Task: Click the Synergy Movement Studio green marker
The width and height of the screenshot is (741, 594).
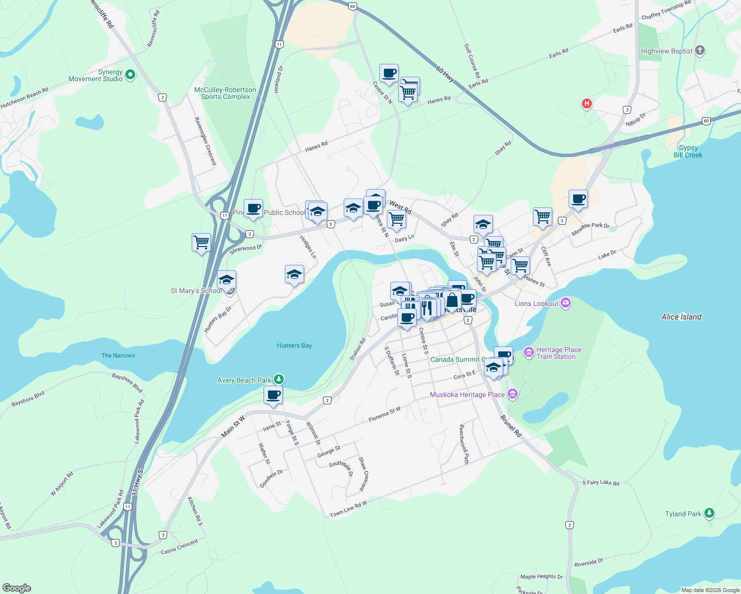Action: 130,75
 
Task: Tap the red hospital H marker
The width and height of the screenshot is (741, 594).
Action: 586,103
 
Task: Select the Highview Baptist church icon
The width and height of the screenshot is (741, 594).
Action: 699,50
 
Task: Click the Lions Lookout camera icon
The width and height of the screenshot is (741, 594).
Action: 566,303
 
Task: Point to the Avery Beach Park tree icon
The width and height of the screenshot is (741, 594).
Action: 279,380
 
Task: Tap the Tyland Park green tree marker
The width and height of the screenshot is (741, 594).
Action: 709,513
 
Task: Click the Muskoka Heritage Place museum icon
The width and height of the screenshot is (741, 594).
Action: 513,395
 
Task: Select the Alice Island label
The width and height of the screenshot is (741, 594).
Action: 681,317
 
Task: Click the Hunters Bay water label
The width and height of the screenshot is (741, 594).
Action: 294,346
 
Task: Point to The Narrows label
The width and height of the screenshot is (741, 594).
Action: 118,355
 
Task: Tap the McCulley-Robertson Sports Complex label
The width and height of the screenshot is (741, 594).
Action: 225,93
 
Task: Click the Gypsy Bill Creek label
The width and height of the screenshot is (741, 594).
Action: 688,151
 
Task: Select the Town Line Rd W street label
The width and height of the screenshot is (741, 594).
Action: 348,509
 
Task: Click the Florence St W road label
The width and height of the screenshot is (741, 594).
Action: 384,414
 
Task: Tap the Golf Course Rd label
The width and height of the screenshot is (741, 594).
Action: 472,61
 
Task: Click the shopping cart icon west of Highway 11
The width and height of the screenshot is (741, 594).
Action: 201,243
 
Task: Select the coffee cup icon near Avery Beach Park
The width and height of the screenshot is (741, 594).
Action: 273,395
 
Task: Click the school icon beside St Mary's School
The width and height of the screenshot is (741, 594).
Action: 226,280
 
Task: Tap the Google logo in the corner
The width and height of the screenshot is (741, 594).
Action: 17,588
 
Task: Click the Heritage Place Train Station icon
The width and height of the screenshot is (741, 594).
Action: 529,352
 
